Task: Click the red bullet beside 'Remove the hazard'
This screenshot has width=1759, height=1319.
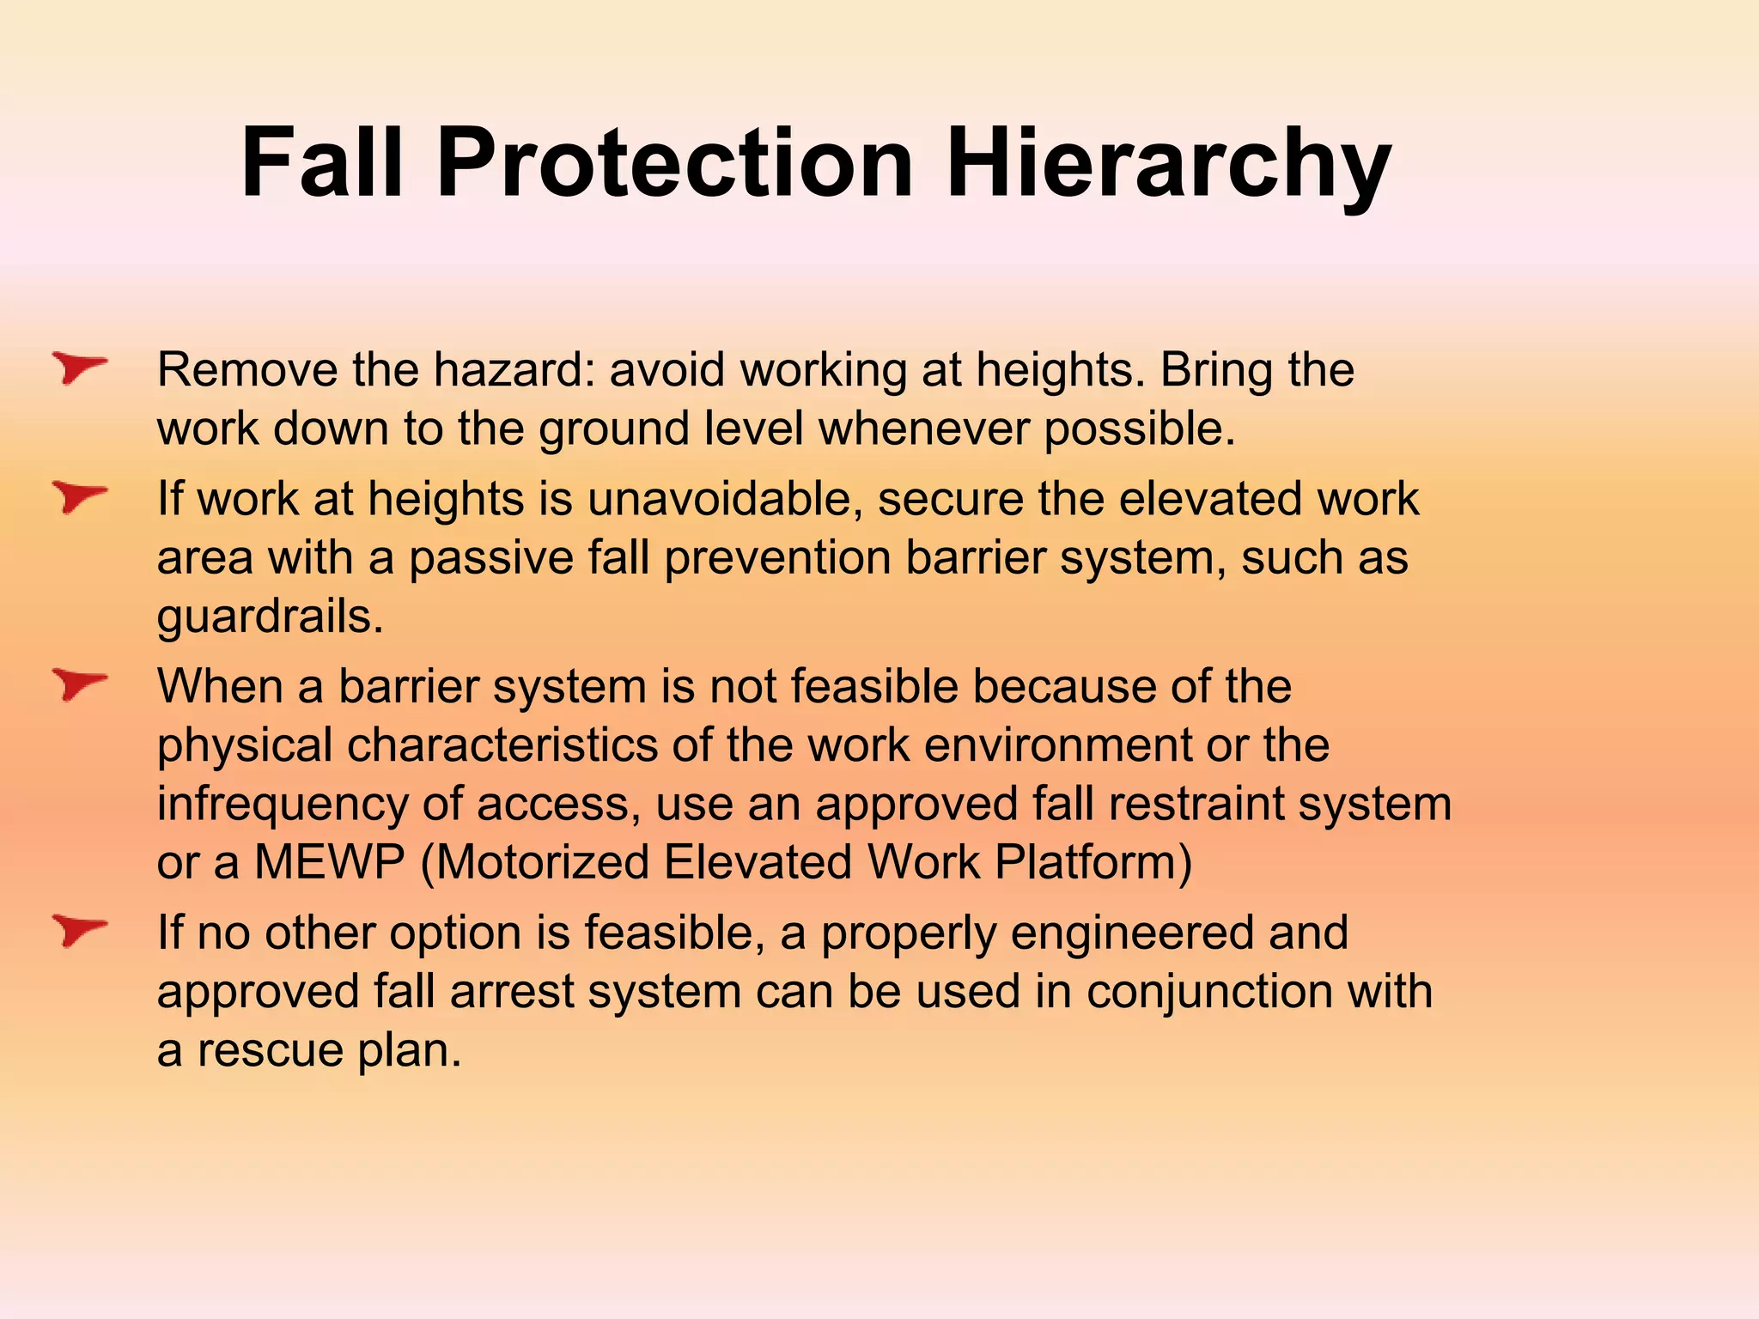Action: coord(79,368)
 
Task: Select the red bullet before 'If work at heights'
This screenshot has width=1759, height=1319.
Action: coord(79,497)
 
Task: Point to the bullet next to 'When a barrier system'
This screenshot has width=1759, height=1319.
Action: coord(79,685)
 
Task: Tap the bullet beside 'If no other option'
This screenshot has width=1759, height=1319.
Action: coord(79,931)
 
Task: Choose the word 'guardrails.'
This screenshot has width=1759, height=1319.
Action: coord(270,617)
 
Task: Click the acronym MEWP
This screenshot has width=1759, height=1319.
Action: coord(329,862)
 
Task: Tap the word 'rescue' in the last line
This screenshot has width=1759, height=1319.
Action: coord(270,1051)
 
